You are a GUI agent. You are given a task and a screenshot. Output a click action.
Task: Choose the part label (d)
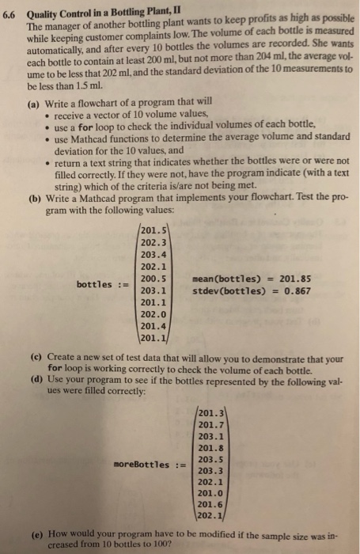(x=34, y=382)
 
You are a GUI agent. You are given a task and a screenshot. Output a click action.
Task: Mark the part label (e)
(x=34, y=533)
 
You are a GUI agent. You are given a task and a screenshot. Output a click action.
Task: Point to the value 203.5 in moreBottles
(x=207, y=458)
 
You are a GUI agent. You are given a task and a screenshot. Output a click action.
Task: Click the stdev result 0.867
(x=294, y=290)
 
